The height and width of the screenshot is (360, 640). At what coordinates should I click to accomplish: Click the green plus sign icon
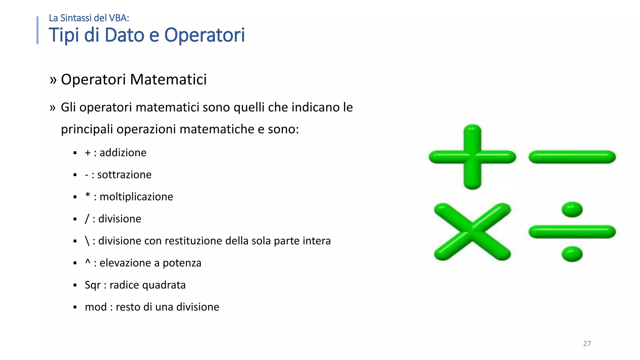pos(472,157)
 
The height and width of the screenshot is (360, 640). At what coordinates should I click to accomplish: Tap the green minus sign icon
pos(572,157)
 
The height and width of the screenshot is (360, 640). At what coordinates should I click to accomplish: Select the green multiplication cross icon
pos(472,232)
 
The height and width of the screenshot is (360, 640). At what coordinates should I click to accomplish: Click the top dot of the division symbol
pos(572,209)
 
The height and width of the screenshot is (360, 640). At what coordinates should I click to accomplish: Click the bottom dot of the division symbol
pos(572,254)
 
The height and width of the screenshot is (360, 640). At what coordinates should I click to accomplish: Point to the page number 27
pos(587,343)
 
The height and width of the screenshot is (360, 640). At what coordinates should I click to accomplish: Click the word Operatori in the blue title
pos(204,35)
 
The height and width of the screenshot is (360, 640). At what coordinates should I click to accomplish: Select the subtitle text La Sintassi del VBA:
pos(89,18)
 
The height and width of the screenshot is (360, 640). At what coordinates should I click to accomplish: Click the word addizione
pos(123,153)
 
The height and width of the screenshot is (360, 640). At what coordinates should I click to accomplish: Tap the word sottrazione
pos(124,175)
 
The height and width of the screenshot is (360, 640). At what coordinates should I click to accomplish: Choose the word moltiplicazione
pos(136,197)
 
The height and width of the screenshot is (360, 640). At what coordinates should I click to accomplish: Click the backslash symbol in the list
pos(87,241)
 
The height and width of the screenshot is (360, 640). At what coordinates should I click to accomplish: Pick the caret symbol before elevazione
pos(88,262)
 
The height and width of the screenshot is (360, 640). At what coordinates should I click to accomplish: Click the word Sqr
pos(92,285)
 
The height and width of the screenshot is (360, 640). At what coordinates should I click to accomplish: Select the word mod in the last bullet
pos(96,307)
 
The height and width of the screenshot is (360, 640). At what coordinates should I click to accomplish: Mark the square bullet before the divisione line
pos(75,219)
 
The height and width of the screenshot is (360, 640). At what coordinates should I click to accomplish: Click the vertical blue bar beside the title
pos(37,30)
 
